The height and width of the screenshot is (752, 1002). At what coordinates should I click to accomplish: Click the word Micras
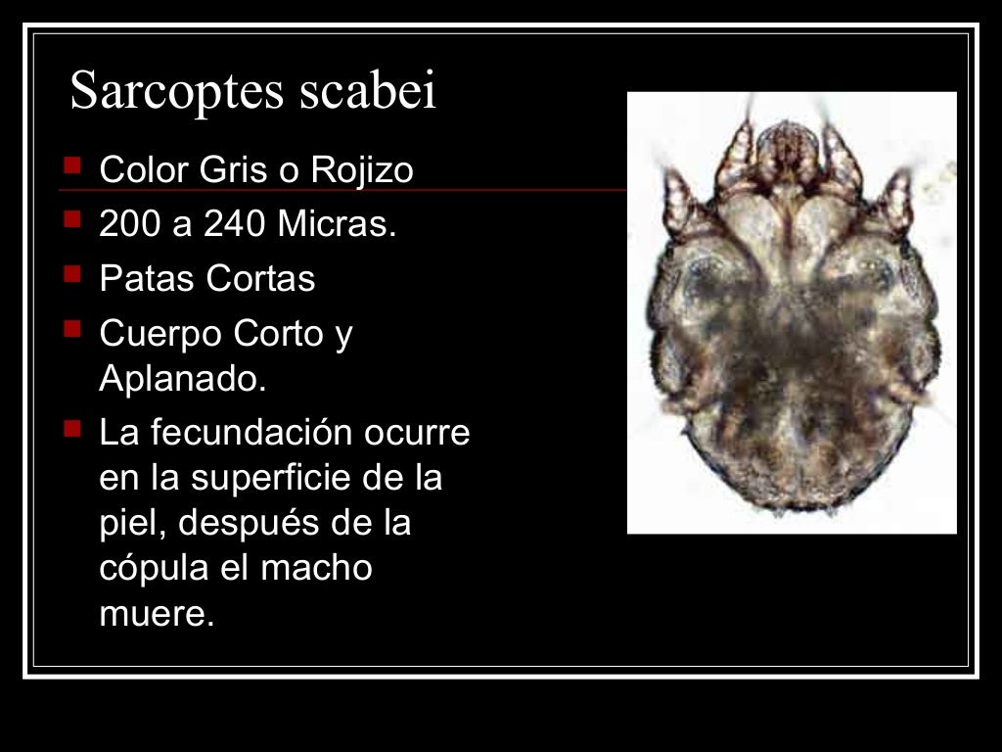pos(337,225)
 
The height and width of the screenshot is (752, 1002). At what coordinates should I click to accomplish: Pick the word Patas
pos(147,280)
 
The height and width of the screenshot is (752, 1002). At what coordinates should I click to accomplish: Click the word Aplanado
pos(182,380)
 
